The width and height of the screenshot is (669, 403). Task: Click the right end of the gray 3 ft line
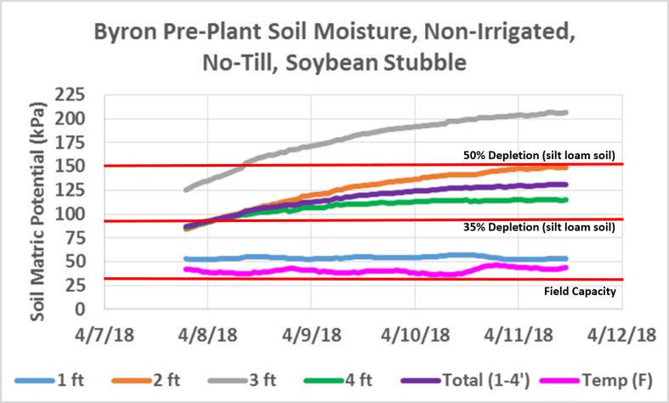click(566, 112)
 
